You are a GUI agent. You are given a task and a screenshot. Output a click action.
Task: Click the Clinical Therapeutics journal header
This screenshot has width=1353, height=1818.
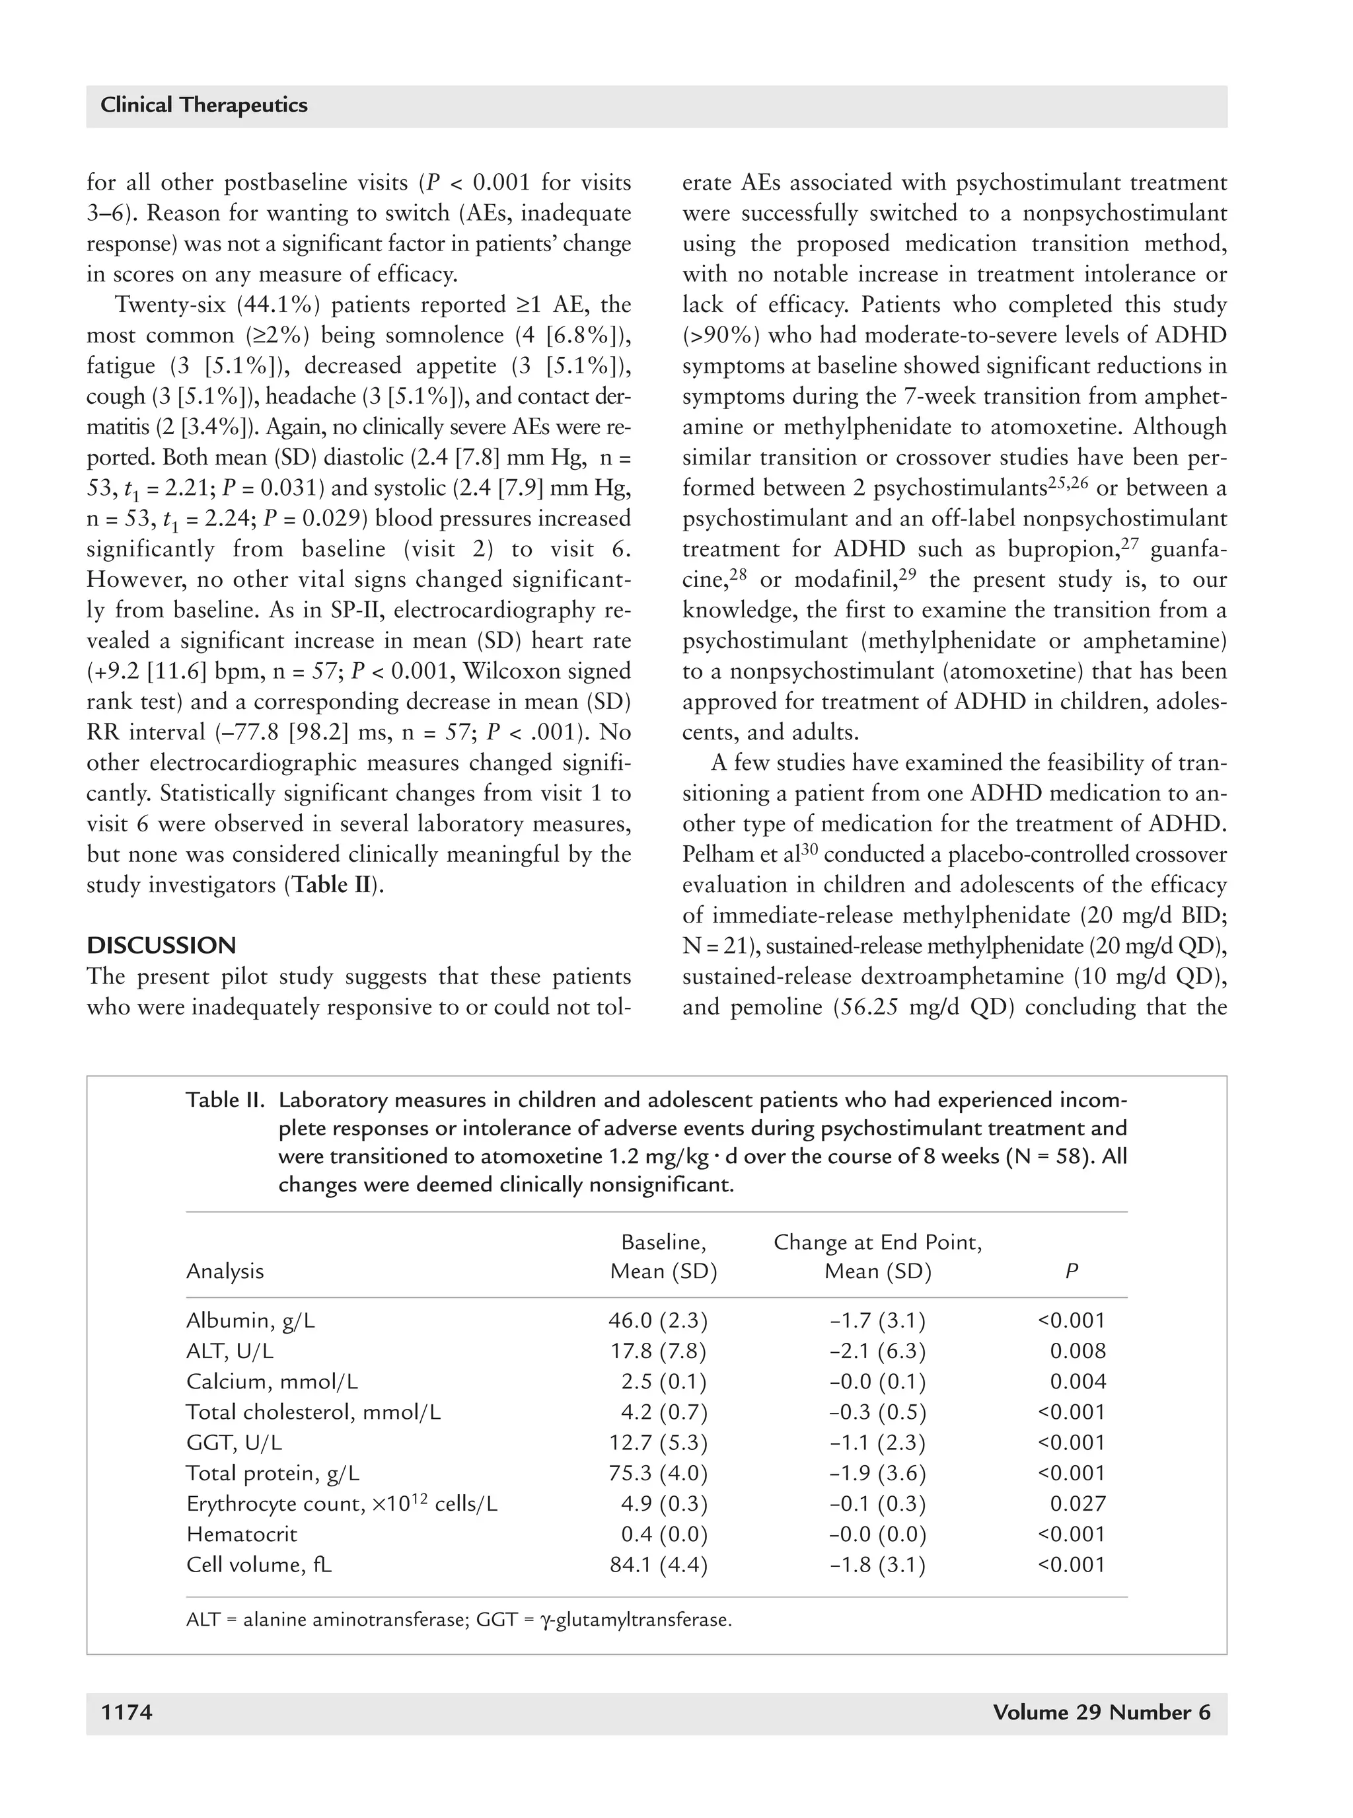(204, 106)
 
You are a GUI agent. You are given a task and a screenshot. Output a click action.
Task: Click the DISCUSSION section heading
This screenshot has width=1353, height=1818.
(161, 946)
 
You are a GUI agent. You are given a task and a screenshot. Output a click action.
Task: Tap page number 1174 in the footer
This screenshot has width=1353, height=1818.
(126, 1712)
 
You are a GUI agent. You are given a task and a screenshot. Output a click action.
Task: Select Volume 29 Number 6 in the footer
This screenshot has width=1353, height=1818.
(1101, 1712)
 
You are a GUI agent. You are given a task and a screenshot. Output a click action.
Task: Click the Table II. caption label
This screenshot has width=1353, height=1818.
(225, 1100)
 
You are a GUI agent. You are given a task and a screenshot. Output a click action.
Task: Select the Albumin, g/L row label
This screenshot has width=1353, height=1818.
(250, 1320)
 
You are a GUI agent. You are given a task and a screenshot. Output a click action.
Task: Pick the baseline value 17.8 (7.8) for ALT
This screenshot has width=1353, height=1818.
(657, 1351)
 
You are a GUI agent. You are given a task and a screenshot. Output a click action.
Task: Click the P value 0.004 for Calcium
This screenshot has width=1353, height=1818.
(1078, 1381)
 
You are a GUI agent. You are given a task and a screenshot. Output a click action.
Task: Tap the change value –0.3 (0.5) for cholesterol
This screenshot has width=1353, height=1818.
(877, 1412)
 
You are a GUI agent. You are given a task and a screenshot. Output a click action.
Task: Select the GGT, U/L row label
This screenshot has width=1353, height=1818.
(235, 1443)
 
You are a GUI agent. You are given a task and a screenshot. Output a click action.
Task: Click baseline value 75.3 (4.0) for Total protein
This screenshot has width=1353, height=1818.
(657, 1473)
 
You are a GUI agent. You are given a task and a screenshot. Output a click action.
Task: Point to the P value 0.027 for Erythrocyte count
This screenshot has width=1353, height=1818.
(1078, 1503)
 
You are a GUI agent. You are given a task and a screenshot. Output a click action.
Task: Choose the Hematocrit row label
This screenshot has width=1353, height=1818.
(242, 1534)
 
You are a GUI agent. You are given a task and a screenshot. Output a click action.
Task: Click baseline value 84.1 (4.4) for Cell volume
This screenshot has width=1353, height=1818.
(657, 1565)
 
